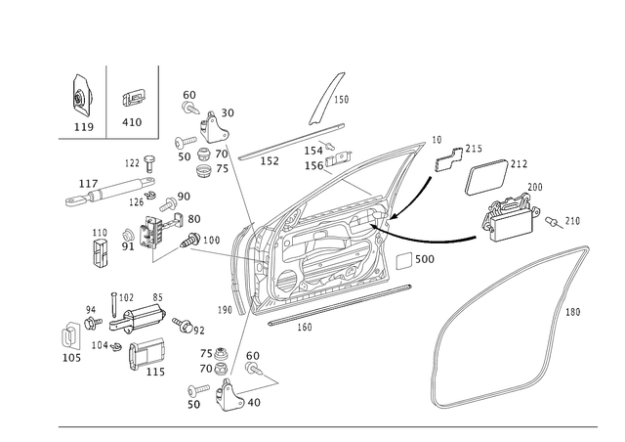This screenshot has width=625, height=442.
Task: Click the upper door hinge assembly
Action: [205, 137]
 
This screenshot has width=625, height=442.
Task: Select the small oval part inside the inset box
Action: [135, 99]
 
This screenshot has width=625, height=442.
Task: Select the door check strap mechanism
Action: [137, 318]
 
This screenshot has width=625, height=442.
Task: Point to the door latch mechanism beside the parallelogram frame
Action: [508, 210]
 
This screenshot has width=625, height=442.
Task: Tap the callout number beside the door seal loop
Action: [572, 312]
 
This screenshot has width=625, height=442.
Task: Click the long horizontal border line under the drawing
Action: [322, 425]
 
